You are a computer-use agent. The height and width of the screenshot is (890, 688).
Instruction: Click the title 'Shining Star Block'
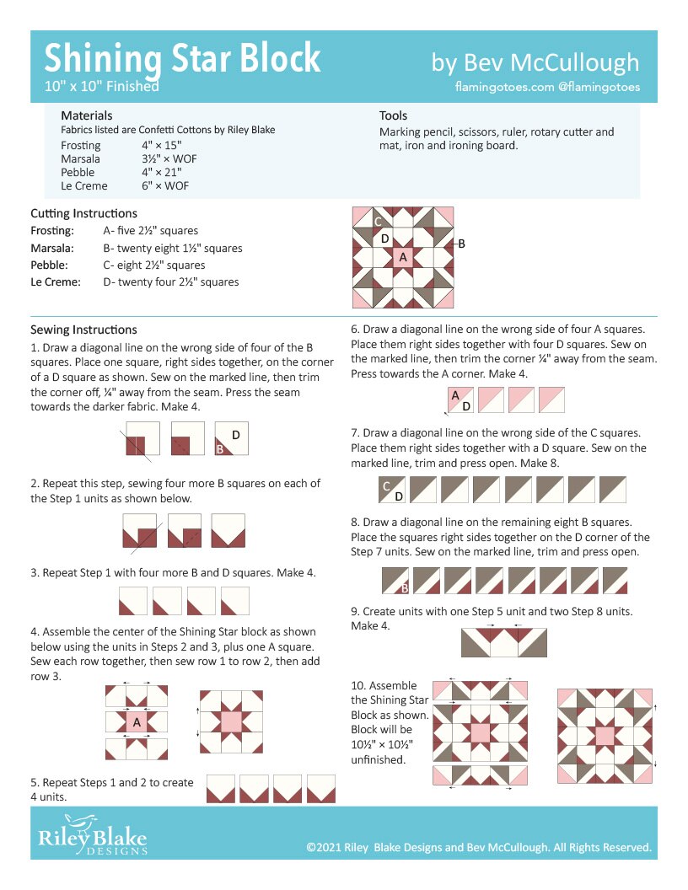pos(182,58)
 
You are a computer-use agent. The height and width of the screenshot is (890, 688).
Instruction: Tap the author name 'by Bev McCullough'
pos(535,62)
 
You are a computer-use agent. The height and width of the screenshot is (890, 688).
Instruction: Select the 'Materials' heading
pos(87,115)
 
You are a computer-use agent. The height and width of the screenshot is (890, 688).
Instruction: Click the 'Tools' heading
pos(393,115)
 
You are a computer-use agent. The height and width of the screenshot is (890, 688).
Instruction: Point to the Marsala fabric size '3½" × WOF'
pos(169,158)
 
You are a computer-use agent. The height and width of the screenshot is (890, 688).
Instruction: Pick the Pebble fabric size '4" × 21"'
pos(162,172)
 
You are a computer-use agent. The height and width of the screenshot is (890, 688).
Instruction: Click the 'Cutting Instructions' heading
pos(83,213)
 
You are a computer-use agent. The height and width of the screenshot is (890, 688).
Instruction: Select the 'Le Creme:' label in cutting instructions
pos(56,281)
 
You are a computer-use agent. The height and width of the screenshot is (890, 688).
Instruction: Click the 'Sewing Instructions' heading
pos(83,330)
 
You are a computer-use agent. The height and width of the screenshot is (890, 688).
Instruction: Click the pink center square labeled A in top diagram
pos(402,257)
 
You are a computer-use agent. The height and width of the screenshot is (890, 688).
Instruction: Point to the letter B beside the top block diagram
pos(461,244)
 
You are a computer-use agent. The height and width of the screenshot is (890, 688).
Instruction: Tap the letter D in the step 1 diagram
pos(236,434)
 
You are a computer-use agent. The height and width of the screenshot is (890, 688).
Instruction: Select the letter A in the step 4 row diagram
pos(137,721)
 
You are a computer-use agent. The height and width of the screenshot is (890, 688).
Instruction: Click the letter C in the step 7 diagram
pos(386,485)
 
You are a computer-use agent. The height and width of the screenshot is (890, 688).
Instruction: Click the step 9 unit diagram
pos(503,642)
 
